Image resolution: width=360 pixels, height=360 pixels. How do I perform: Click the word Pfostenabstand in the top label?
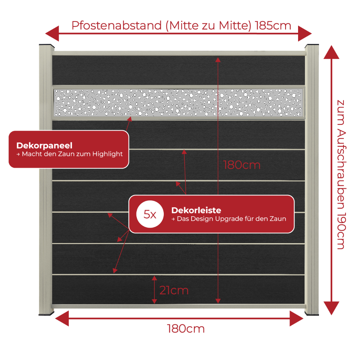point(116,26)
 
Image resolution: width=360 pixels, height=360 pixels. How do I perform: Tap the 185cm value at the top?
point(273,26)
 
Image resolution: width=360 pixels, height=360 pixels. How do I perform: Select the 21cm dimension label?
point(174,291)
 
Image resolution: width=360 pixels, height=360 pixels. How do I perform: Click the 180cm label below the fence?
point(186,329)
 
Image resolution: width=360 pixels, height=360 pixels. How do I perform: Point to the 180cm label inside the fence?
point(242,165)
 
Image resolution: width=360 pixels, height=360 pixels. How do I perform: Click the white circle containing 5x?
point(150,214)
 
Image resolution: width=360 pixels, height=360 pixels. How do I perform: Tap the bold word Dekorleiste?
point(196,210)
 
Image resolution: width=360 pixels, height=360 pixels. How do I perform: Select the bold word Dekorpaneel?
point(44,145)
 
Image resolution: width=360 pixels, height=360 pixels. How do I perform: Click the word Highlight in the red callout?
point(107,154)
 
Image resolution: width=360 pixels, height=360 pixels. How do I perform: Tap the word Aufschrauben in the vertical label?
point(341,169)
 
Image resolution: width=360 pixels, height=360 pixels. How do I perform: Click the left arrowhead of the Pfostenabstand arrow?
point(52,33)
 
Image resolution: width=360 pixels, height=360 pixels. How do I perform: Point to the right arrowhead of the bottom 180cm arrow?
point(297,319)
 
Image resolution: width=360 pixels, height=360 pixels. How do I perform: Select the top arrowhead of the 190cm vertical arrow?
point(331,52)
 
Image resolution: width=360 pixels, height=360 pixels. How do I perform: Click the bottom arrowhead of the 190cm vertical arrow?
point(331,308)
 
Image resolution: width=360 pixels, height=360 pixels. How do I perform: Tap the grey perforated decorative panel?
point(179,103)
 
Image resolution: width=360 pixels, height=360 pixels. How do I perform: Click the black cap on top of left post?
point(46,46)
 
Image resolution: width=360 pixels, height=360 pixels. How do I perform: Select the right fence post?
point(312,180)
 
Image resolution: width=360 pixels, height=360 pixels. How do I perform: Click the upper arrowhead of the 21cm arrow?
point(154,278)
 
